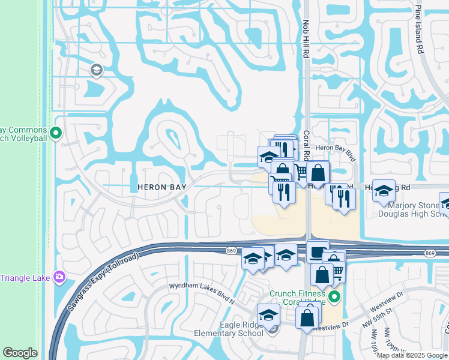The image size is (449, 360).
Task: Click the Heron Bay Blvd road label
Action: point(336,152)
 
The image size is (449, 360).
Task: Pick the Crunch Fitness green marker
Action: point(335,297)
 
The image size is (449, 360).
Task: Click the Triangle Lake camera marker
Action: point(59,277)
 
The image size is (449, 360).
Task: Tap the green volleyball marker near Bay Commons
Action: point(56,133)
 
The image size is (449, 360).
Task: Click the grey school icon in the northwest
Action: point(96,71)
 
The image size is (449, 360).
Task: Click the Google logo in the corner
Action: point(20,353)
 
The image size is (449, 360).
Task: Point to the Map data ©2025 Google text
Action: point(411,355)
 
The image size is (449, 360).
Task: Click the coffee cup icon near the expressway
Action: point(318,251)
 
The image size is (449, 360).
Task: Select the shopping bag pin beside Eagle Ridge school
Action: point(307,316)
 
